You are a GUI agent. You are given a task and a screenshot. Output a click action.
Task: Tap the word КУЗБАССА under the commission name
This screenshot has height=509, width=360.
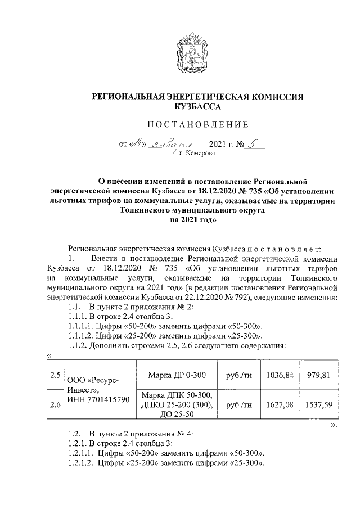[198, 106]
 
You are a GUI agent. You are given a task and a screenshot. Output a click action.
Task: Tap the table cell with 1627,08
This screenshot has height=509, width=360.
[281, 404]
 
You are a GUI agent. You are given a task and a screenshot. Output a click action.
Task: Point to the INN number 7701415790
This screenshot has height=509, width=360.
[98, 399]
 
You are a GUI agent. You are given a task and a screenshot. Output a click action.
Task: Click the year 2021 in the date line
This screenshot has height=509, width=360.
[218, 143]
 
